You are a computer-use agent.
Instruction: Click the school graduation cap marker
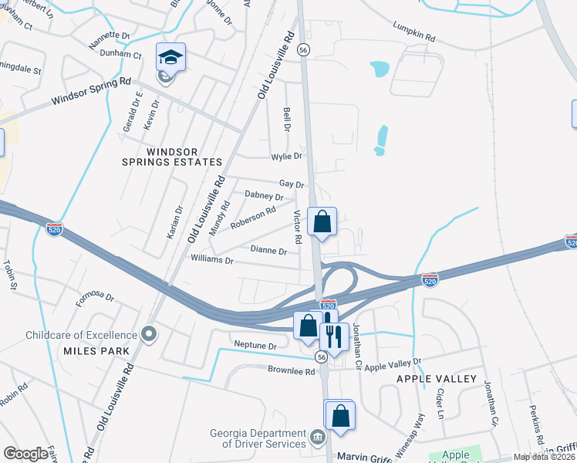point(171,57)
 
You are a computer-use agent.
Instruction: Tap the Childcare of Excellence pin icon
point(150,334)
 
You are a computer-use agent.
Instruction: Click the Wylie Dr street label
point(285,157)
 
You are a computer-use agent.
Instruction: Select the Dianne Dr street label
point(269,250)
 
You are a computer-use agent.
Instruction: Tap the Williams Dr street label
point(212,261)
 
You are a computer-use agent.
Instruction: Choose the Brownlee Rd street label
point(292,371)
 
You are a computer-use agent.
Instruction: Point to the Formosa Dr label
point(94,298)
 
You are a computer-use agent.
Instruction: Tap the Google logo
point(26,453)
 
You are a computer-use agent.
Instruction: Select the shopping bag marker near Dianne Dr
point(322,221)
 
